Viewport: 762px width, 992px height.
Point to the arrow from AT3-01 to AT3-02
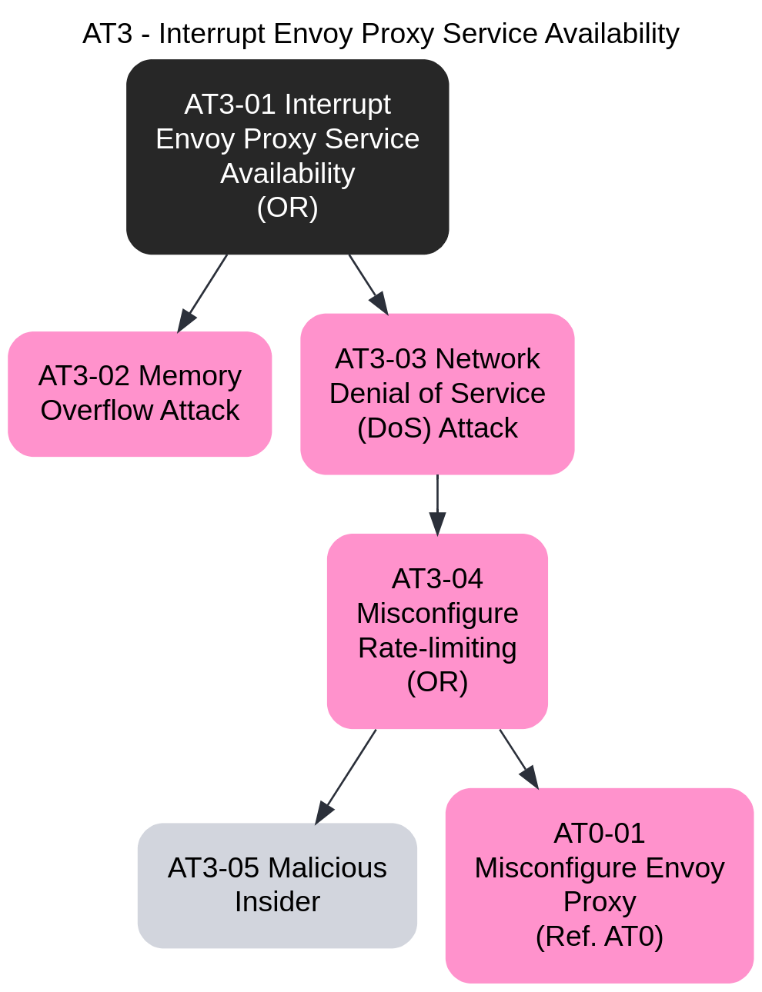[x=202, y=293]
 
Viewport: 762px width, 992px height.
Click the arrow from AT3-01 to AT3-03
[x=368, y=284]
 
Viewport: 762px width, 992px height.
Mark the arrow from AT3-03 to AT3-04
[x=437, y=504]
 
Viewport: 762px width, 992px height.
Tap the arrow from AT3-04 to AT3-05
[x=346, y=776]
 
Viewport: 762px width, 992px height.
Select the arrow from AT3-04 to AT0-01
[x=518, y=758]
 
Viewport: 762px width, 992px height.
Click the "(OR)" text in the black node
[x=287, y=208]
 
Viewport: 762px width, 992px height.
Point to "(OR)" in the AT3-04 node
[x=437, y=682]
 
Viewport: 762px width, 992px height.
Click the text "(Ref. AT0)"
[x=599, y=937]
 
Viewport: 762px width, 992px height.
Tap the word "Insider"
[x=277, y=902]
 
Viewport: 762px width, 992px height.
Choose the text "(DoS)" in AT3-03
[x=393, y=428]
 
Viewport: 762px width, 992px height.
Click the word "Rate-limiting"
[x=437, y=647]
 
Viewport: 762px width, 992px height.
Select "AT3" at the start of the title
[x=107, y=34]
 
